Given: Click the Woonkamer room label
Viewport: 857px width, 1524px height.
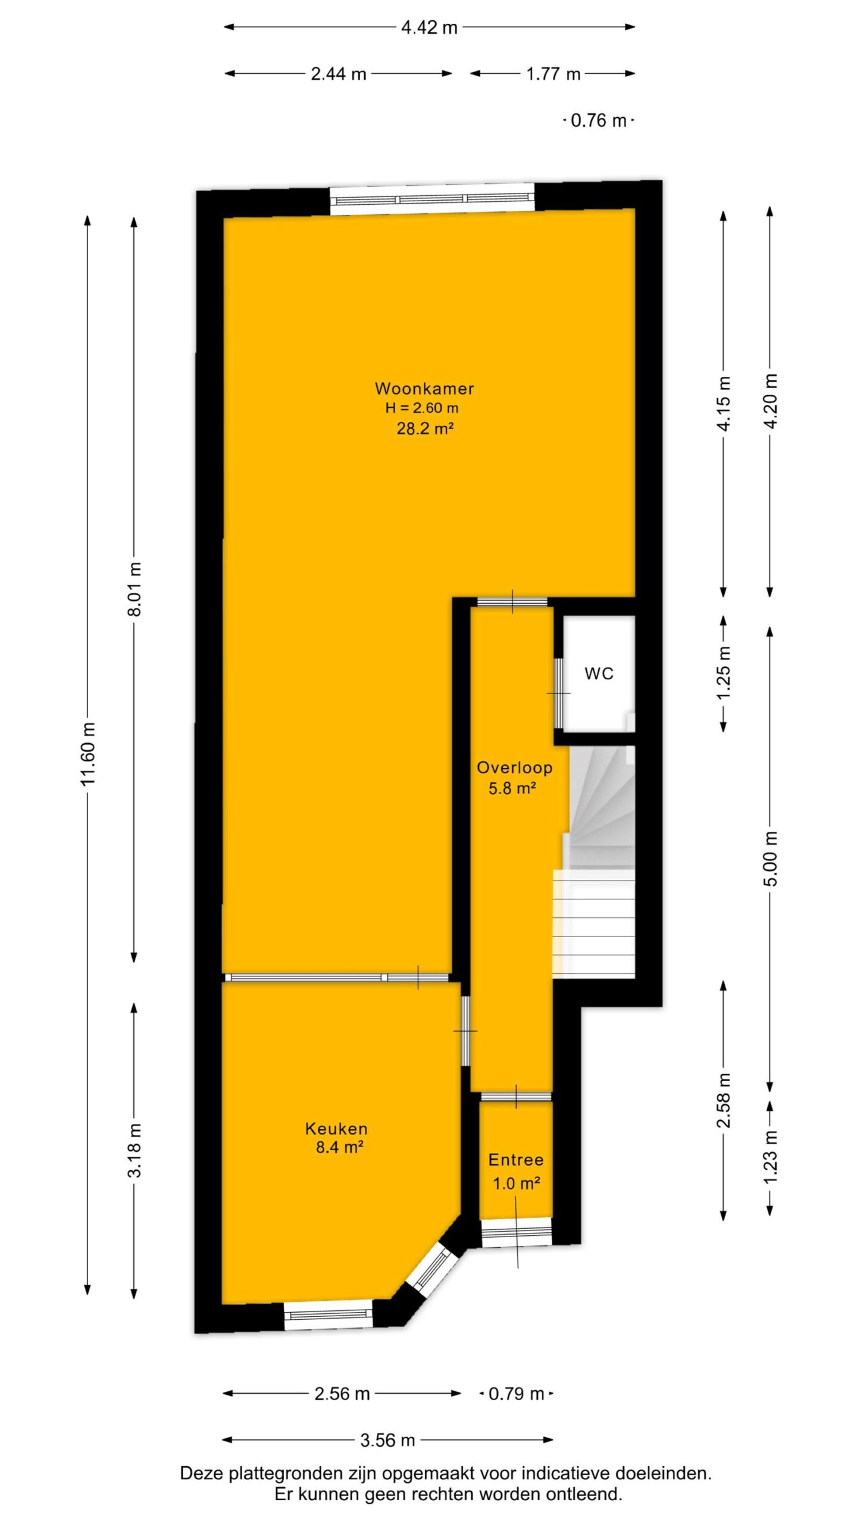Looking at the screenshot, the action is tap(424, 389).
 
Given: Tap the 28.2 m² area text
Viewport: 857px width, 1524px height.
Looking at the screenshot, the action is tap(425, 428).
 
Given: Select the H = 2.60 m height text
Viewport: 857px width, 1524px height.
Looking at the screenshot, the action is tap(422, 408).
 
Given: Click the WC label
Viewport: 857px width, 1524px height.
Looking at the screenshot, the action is tap(599, 673).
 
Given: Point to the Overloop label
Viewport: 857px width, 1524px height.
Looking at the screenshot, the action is tap(514, 768).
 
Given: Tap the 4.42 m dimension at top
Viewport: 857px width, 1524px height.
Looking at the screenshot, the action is tap(429, 27).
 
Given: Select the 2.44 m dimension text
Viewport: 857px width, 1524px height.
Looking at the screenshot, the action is tap(339, 74).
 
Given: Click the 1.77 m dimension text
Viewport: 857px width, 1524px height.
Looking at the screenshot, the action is tap(553, 74).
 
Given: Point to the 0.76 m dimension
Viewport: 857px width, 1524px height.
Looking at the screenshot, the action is tap(598, 121).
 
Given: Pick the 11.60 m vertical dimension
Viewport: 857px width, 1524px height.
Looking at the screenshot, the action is tap(88, 754).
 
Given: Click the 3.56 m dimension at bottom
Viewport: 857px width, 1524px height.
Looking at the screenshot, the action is tap(387, 1440).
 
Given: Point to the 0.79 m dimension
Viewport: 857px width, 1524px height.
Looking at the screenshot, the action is tap(516, 1394).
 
